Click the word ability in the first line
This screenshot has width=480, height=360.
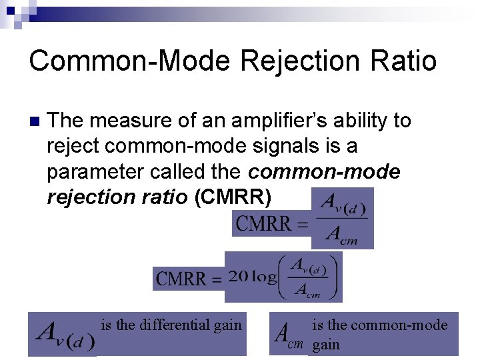point(367,121)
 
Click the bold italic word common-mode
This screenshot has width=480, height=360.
point(324,172)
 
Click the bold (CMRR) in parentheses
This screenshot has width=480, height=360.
point(232,197)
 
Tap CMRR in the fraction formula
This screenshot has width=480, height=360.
point(265,223)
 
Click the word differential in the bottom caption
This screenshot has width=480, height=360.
point(175,325)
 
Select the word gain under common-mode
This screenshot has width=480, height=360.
point(326,345)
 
